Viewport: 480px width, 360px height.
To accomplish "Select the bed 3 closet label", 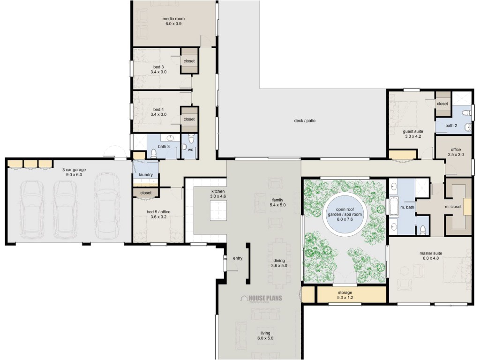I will tap(189, 61).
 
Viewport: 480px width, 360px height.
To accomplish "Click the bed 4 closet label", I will tap(189, 119).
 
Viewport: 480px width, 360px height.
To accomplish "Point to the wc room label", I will tap(191, 150).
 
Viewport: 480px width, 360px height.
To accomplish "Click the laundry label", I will tap(146, 175).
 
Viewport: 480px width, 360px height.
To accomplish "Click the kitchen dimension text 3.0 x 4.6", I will tap(218, 197).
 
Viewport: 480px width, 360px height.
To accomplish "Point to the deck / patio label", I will tap(304, 120).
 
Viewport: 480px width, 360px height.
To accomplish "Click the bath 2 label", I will tap(450, 126).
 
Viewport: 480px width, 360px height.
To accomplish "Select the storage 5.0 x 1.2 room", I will tap(345, 295).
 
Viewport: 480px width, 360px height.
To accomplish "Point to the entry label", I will tap(237, 258).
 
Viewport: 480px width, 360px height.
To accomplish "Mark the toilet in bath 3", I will tap(154, 153).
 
